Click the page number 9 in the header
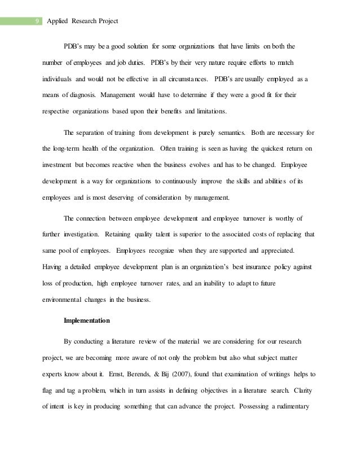pos(37,22)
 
